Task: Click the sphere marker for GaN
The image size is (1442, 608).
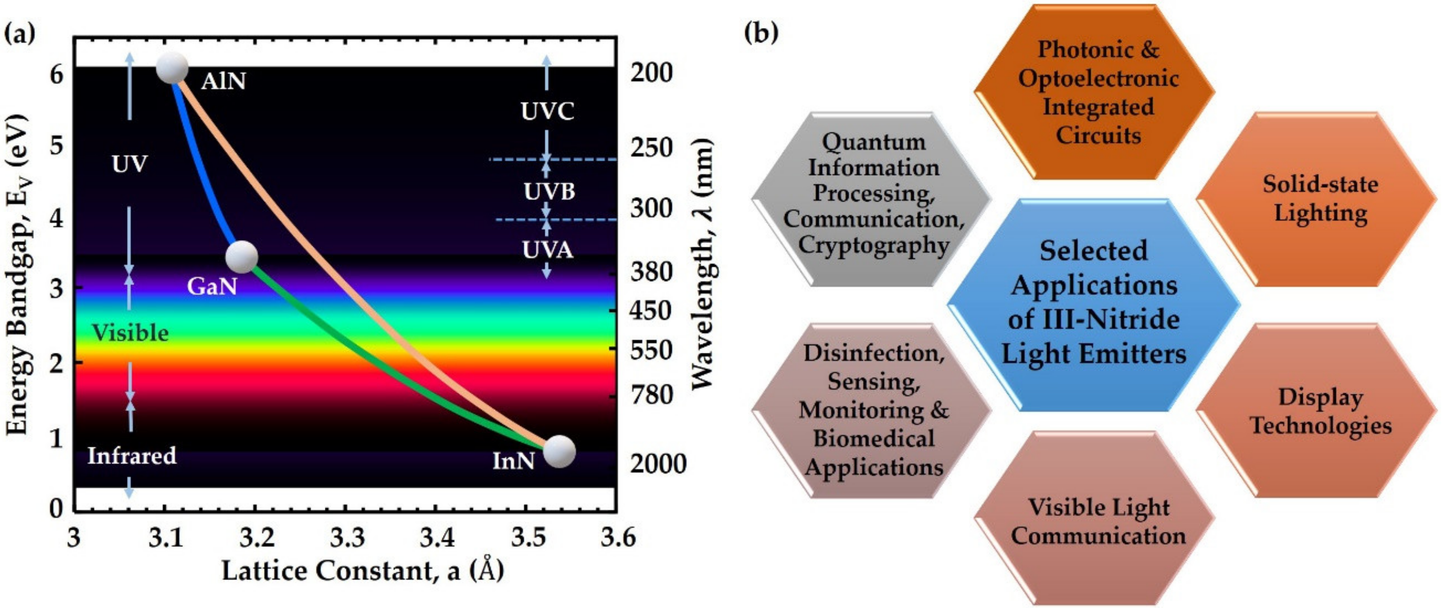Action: pos(241,258)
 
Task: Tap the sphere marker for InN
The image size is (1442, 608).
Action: pos(559,451)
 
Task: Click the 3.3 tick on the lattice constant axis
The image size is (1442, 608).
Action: pos(347,538)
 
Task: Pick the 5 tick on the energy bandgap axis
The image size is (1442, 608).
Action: pos(57,147)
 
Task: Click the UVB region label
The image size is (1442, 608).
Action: pos(549,192)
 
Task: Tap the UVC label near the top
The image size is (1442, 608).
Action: pos(547,111)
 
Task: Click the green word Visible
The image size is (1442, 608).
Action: pos(130,333)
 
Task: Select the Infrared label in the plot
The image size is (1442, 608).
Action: pos(132,456)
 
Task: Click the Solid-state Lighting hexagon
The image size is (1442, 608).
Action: pos(1320,199)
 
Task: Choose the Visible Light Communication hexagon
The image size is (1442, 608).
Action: pos(1098,521)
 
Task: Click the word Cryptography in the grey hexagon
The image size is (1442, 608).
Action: pos(873,245)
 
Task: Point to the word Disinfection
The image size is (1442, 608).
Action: pos(873,353)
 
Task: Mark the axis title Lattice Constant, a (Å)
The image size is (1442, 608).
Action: pos(363,570)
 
